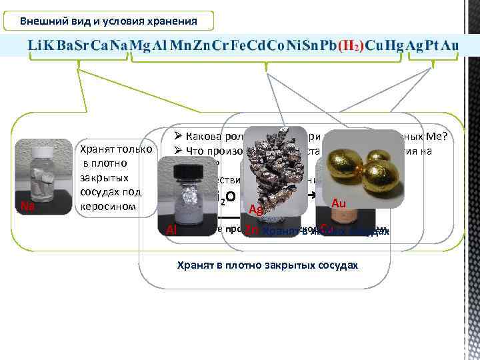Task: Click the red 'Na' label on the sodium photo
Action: click(x=28, y=206)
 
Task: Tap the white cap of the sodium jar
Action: click(x=43, y=151)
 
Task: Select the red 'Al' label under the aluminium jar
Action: click(x=171, y=230)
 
